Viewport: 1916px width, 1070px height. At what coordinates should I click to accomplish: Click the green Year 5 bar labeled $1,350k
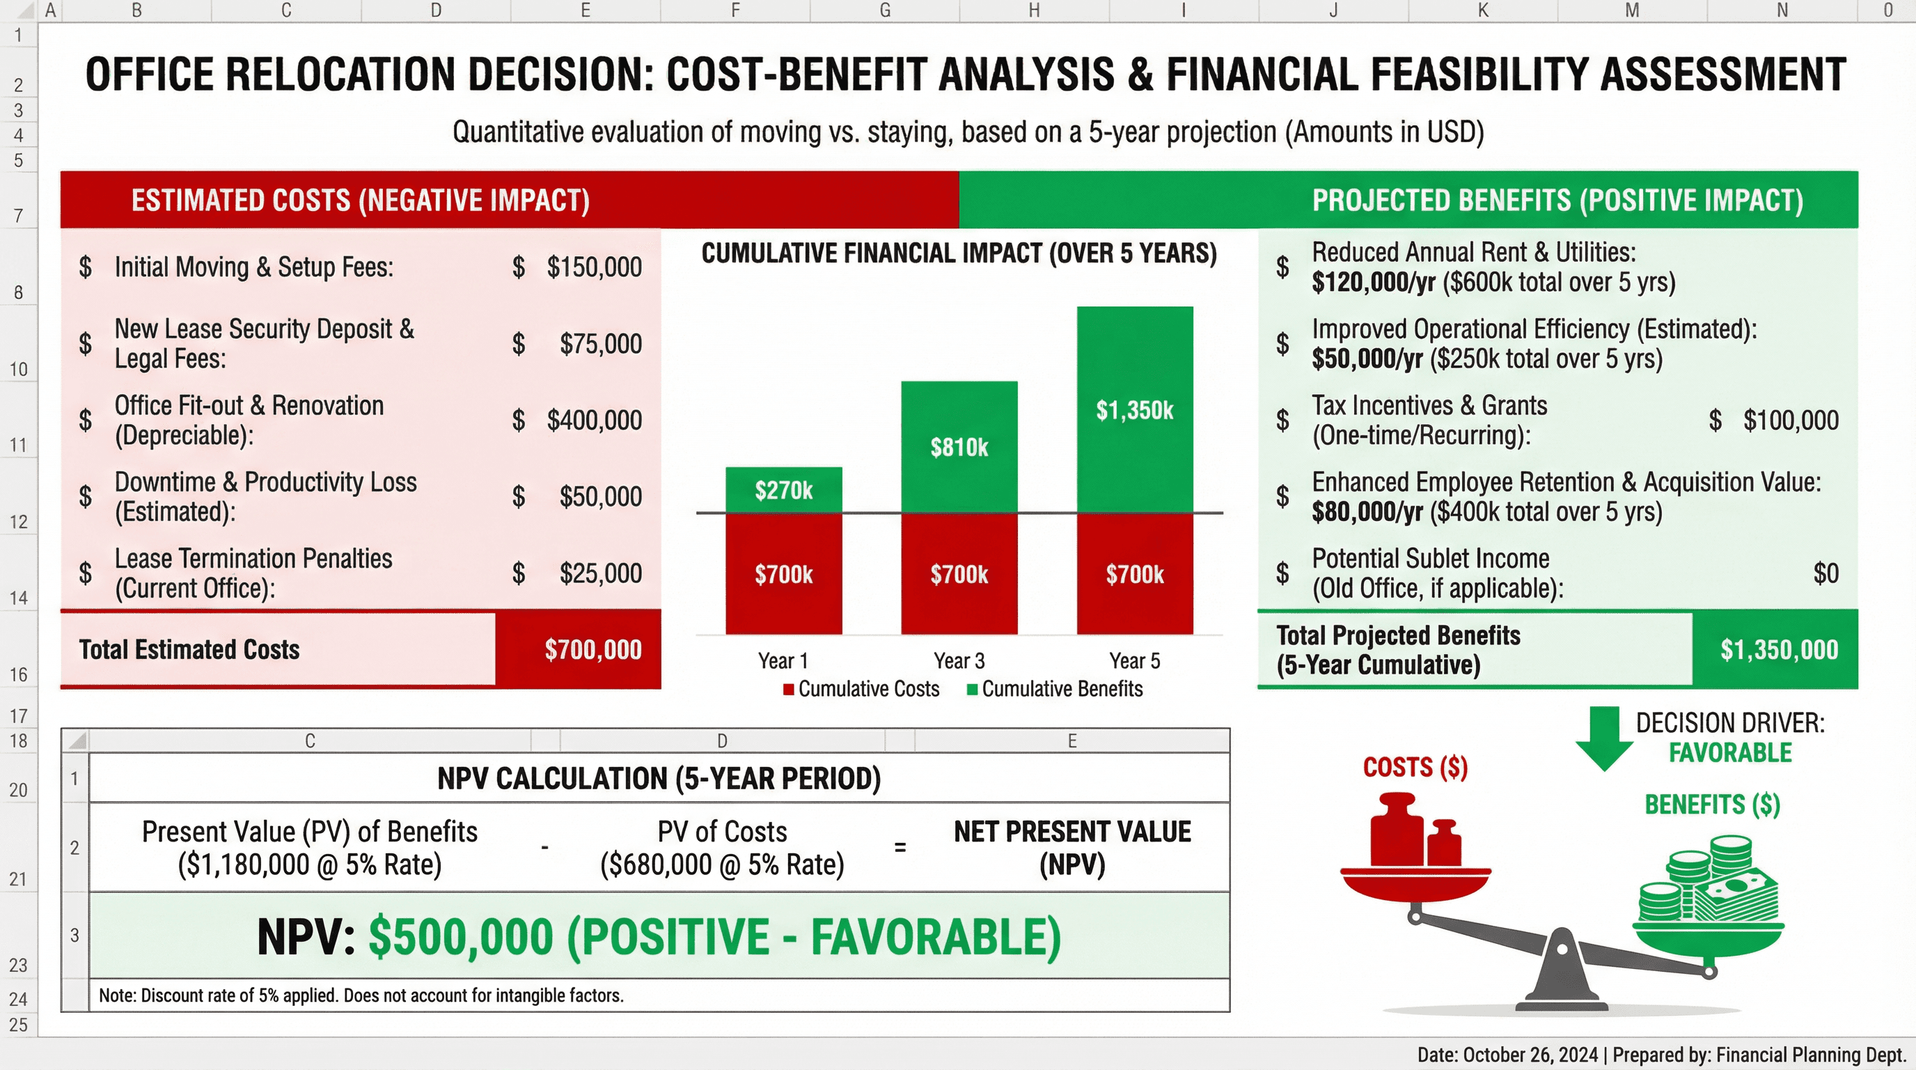click(x=1134, y=409)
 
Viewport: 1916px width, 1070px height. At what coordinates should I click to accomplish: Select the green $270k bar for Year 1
click(x=783, y=490)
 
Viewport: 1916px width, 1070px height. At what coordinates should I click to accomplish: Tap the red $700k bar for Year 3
click(x=959, y=574)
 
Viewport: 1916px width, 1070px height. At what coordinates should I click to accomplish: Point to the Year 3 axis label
click(x=959, y=661)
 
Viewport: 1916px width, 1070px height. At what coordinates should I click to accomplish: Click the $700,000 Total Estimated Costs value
click(x=592, y=649)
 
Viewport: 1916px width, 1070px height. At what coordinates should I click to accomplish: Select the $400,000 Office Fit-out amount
click(x=594, y=421)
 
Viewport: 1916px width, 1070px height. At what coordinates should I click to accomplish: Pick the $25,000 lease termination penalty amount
click(x=599, y=573)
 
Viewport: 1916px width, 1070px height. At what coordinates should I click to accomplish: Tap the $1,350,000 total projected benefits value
click(x=1778, y=649)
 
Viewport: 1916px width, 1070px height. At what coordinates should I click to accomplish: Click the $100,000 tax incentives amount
click(x=1790, y=421)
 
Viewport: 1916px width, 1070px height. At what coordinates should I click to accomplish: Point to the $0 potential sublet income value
click(x=1825, y=573)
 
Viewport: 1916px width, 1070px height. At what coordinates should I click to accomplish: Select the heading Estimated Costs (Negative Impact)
click(x=361, y=200)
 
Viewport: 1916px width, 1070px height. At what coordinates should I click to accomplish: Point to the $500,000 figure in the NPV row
click(x=461, y=936)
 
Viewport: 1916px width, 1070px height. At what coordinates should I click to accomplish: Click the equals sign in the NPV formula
click(x=900, y=847)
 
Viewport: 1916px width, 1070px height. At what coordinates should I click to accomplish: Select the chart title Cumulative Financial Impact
click(x=959, y=254)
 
